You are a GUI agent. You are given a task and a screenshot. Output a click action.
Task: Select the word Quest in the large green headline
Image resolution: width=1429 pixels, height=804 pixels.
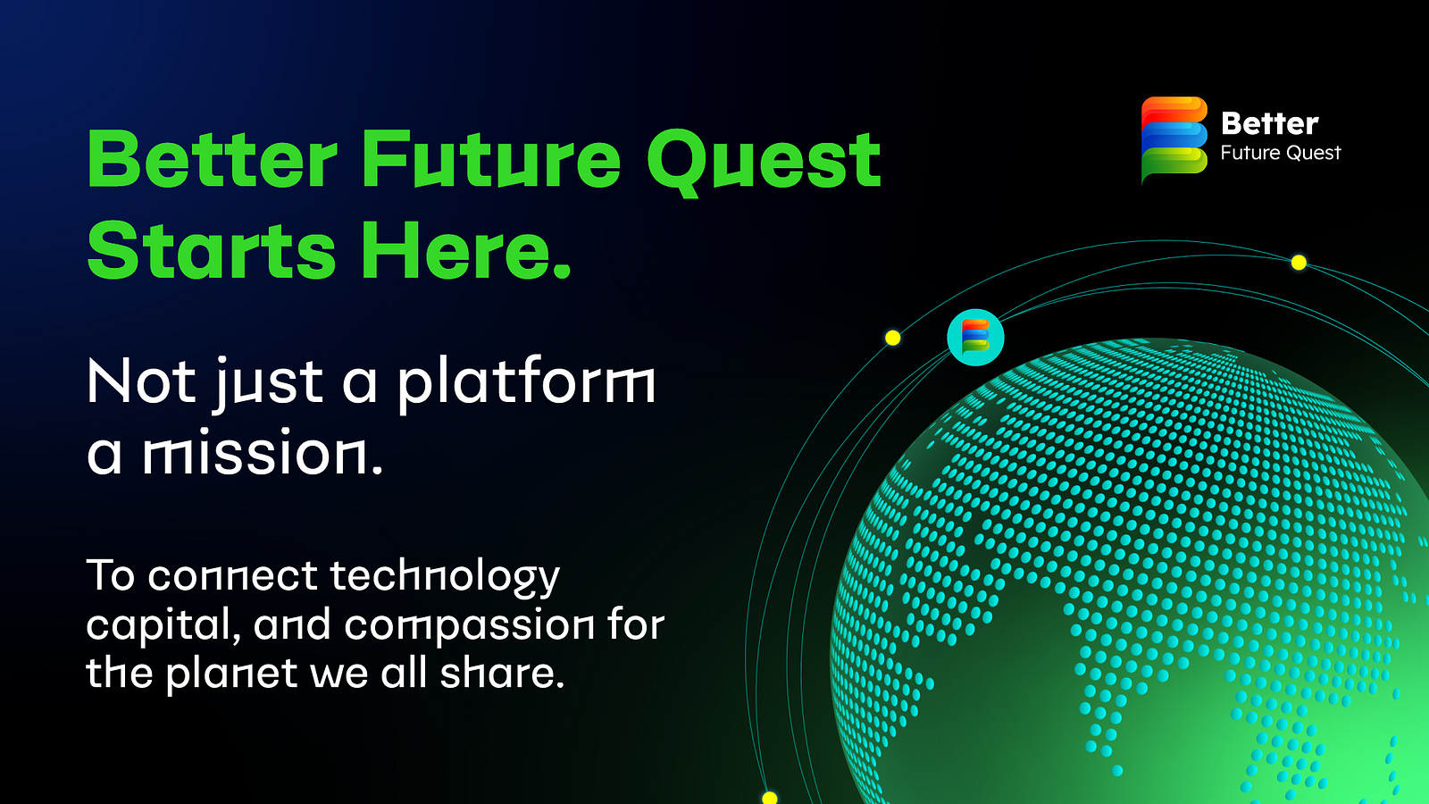(x=764, y=161)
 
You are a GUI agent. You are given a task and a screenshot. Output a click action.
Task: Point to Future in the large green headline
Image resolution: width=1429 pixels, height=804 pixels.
(x=490, y=161)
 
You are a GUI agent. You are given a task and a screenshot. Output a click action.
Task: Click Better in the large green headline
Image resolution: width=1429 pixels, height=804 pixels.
(x=213, y=161)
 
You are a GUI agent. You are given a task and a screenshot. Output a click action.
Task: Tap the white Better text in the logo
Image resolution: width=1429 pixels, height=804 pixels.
(x=1269, y=123)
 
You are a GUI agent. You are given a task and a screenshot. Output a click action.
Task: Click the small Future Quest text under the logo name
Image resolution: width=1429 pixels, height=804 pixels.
(x=1280, y=153)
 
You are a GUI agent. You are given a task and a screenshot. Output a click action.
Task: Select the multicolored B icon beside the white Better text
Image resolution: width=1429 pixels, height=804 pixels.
(x=1174, y=139)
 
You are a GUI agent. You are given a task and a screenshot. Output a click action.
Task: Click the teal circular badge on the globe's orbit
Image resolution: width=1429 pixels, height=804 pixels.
(x=975, y=338)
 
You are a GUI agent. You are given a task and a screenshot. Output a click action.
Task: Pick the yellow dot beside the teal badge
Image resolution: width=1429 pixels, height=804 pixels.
(x=892, y=338)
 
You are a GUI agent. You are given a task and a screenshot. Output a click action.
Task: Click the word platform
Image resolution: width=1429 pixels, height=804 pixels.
(x=526, y=382)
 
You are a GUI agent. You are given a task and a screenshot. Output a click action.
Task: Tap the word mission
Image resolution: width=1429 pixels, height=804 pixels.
(x=262, y=453)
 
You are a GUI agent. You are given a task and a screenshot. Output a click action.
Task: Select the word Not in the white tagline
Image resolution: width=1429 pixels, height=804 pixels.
(x=141, y=382)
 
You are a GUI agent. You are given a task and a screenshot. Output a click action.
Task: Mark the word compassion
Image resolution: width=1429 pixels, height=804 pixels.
(x=469, y=625)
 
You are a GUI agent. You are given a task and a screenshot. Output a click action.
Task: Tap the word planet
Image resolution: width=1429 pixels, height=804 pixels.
(x=231, y=674)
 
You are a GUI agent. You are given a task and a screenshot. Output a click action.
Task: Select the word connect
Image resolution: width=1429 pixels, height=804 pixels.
(x=232, y=576)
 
